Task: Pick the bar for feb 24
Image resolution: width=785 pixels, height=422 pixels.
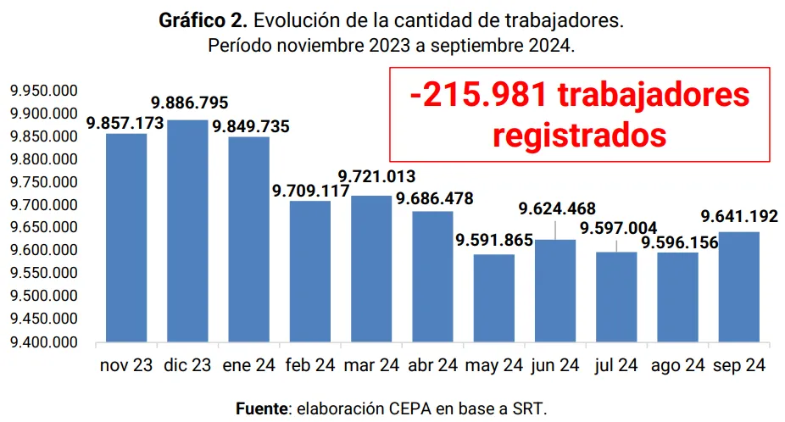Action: click(310, 271)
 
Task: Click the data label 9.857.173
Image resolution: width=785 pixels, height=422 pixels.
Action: click(125, 124)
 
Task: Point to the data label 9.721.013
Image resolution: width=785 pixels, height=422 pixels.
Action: click(376, 176)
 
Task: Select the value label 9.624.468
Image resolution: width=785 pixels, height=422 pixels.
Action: click(557, 208)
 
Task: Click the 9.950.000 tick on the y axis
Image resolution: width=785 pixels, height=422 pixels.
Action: click(42, 91)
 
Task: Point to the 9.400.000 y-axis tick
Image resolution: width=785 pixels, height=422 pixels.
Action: click(42, 342)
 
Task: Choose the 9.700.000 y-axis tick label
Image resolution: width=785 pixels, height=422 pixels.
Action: click(42, 205)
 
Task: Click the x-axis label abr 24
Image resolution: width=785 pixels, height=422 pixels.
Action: click(433, 366)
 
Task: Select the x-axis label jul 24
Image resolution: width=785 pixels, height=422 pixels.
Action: click(617, 366)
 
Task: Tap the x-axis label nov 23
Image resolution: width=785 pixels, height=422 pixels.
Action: click(126, 366)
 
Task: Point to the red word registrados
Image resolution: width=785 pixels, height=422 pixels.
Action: click(579, 135)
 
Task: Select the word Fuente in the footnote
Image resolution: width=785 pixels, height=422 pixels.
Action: click(261, 408)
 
